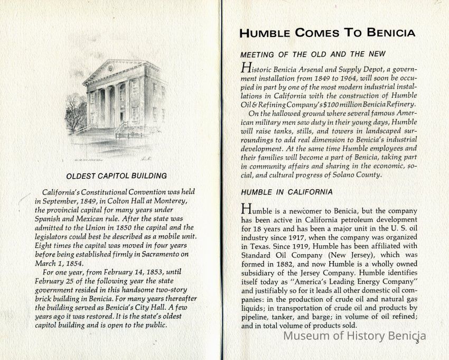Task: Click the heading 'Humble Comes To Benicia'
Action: [327, 33]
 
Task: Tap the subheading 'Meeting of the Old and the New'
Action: [313, 54]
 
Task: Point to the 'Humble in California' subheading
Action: [286, 191]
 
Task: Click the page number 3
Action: [417, 343]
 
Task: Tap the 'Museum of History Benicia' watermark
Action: [355, 336]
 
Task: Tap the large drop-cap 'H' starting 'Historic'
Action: [245, 68]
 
